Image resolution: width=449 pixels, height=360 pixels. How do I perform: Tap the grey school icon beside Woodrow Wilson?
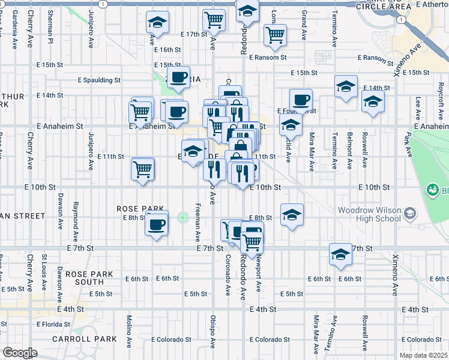tap(410, 213)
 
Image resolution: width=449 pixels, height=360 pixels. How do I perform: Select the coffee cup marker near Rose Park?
tap(157, 225)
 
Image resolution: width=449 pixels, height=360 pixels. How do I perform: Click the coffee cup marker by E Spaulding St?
tap(178, 77)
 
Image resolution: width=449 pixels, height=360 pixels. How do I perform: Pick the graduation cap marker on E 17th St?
tap(157, 23)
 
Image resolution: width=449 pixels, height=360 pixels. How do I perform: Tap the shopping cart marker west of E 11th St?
tap(142, 169)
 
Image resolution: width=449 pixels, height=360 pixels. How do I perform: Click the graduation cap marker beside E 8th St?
tap(291, 215)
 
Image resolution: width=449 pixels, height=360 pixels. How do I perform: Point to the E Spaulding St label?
tap(99, 80)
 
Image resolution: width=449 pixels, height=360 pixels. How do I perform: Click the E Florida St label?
tap(53, 324)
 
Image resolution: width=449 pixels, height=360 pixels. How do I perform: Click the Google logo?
tap(20, 353)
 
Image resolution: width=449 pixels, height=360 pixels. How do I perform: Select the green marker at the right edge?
tap(432, 190)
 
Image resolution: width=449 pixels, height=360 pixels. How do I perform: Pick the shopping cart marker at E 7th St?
tap(252, 242)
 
